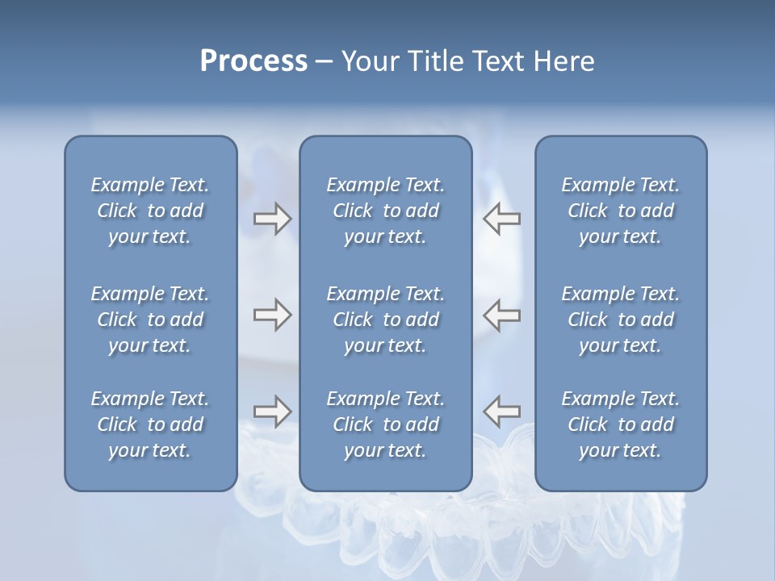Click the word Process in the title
click(x=253, y=61)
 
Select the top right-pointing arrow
click(x=272, y=219)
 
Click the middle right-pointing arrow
click(x=272, y=315)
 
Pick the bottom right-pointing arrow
click(x=272, y=412)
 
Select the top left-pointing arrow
click(x=501, y=219)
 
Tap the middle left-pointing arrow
click(x=501, y=315)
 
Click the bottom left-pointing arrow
click(x=501, y=412)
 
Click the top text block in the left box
click(x=150, y=211)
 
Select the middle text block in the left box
click(x=150, y=320)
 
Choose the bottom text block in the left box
click(x=150, y=424)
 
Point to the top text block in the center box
click(x=385, y=211)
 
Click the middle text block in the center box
click(x=385, y=320)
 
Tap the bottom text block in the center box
click(x=385, y=424)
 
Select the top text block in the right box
click(x=620, y=211)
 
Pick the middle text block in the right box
click(x=620, y=320)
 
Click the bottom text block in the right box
click(x=620, y=424)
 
